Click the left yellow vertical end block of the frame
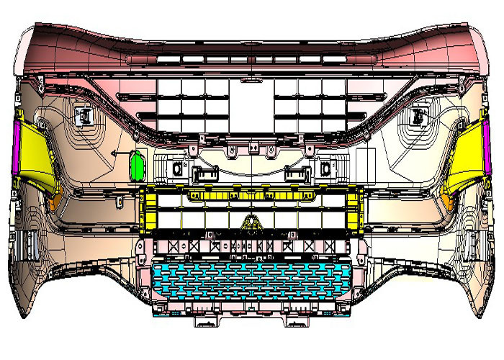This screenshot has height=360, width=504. [148, 209]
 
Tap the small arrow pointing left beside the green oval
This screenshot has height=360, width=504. [116, 156]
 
